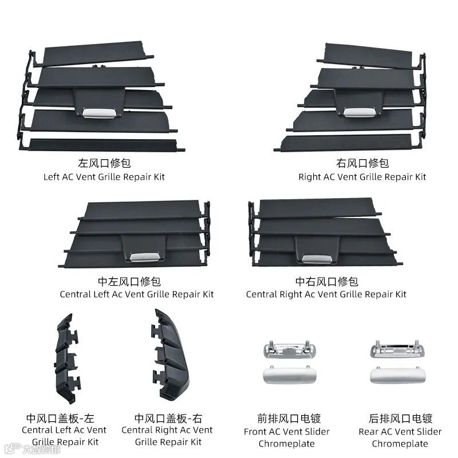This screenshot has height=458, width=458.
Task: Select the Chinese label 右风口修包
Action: [x=362, y=163]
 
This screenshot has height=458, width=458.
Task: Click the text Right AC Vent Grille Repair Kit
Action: [x=362, y=177]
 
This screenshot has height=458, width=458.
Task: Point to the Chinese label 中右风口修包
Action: [x=326, y=281]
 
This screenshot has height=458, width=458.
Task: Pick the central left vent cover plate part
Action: [x=68, y=358]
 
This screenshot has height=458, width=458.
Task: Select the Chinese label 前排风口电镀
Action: [x=287, y=418]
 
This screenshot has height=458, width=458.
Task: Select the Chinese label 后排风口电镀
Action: [x=400, y=418]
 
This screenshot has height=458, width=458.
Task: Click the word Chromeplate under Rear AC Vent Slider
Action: [x=400, y=444]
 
